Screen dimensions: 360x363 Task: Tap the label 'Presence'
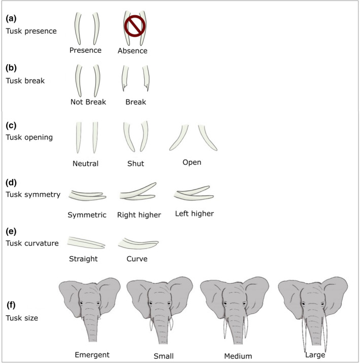(x=86, y=50)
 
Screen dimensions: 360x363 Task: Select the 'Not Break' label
(x=88, y=102)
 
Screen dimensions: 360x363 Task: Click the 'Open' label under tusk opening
(x=192, y=162)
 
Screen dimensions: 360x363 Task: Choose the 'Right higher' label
(x=139, y=215)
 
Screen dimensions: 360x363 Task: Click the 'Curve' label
(x=137, y=258)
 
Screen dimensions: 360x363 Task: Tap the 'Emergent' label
(x=92, y=354)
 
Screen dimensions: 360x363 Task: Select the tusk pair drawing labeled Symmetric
(x=86, y=195)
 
